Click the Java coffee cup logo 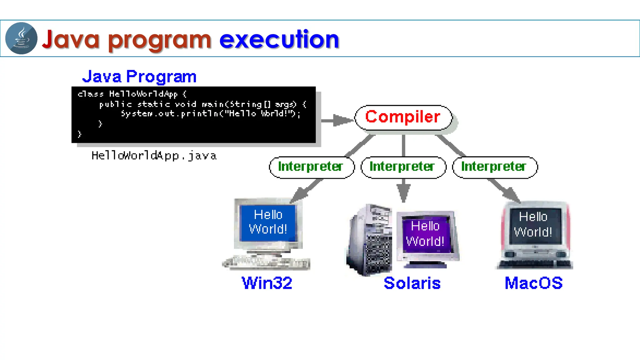21,38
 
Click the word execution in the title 279,40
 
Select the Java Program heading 139,77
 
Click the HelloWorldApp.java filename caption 154,155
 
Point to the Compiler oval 403,117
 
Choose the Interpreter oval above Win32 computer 311,167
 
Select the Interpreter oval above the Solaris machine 403,167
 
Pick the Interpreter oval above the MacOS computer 495,167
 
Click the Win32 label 267,283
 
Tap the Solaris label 412,283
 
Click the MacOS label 533,283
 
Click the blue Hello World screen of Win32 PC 268,222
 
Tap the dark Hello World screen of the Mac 534,225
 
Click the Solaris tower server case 370,241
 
